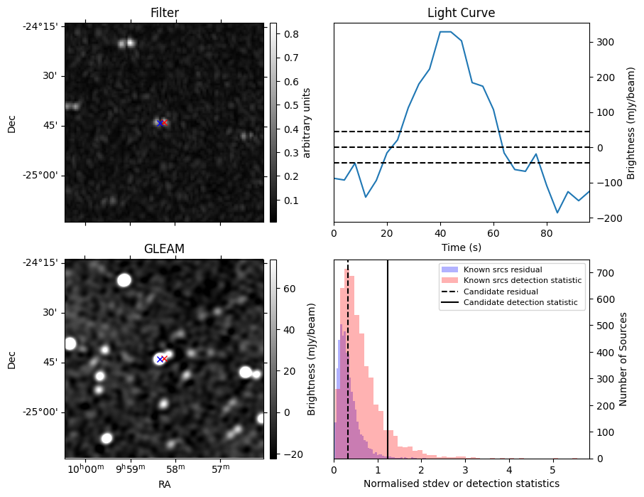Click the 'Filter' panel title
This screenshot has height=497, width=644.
point(164,13)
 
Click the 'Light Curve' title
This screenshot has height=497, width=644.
point(461,13)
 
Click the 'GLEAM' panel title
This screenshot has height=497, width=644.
point(164,249)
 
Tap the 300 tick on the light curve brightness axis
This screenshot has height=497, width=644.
point(604,42)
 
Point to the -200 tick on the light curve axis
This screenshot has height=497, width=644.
point(605,218)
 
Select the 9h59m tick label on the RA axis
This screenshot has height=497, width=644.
point(130,469)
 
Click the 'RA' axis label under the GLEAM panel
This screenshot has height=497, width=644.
point(164,484)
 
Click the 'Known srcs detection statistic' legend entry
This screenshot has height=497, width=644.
point(522,281)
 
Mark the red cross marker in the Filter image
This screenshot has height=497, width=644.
point(164,123)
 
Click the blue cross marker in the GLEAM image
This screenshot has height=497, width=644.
point(159,360)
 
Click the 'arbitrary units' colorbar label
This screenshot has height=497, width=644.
point(307,122)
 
